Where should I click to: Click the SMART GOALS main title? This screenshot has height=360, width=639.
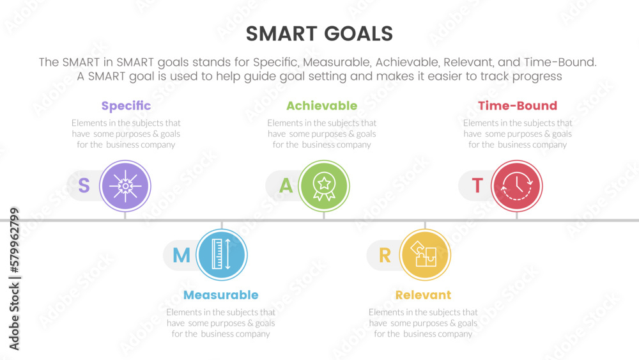319,34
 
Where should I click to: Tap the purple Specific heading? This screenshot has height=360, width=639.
126,106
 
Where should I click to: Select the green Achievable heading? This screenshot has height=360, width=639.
321,106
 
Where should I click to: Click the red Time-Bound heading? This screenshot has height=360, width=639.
518,106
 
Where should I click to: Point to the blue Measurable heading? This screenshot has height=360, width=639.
220,295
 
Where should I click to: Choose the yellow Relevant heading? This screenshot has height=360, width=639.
423,295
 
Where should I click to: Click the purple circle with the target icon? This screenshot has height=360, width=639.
125,186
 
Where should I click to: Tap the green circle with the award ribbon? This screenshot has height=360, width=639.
324,186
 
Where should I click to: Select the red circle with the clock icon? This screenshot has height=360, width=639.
517,186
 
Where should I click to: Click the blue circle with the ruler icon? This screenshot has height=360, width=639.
221,255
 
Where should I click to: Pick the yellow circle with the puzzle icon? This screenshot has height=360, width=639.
425,255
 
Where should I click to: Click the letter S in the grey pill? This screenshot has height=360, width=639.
84,186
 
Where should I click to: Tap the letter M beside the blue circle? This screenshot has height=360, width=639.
181,256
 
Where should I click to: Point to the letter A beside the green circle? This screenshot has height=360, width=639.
286,186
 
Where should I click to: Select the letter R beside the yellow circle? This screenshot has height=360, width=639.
385,256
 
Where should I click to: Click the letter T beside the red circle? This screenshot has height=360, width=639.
477,186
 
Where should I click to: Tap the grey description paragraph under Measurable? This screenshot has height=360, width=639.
220,323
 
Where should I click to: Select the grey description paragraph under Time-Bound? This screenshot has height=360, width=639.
518,134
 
